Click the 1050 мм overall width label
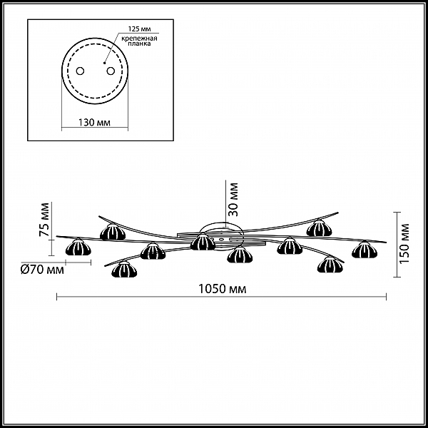coord(222,289)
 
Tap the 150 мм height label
coord(404,243)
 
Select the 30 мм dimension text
coord(233,199)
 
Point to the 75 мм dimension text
coord(44,220)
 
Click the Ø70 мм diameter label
coord(42,270)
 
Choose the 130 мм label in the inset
coord(94,123)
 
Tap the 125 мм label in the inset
coord(140,29)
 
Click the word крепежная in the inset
coord(140,39)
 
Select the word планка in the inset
coord(140,44)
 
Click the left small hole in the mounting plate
coord(80,71)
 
